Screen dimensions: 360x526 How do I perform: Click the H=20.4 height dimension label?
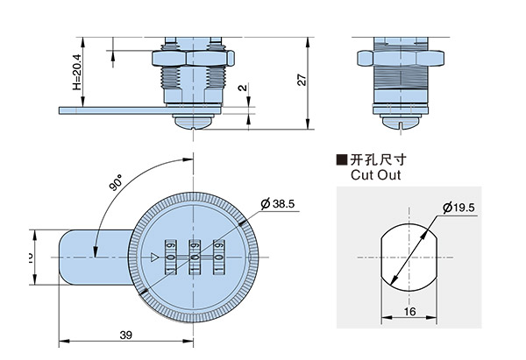pos(77,73)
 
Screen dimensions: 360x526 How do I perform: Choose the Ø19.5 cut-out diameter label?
pos(458,208)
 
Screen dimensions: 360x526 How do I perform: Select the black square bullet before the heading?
pos(343,160)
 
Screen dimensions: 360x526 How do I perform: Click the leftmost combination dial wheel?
pos(169,258)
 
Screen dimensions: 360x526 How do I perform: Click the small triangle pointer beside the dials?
pos(154,258)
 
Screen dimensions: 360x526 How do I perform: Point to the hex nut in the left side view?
pos(195,58)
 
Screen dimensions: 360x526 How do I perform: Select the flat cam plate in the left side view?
pos(114,109)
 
